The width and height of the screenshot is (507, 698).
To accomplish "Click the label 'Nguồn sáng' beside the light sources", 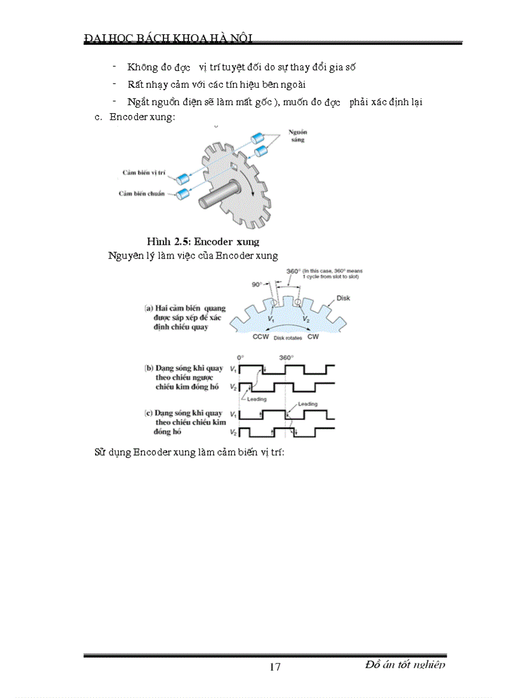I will coord(299,136).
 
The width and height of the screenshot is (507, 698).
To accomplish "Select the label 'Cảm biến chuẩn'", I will coord(142,193).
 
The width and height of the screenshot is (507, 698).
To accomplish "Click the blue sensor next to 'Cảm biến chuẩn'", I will coord(182,195).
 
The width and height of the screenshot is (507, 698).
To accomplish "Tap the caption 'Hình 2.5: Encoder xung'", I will coord(203,241).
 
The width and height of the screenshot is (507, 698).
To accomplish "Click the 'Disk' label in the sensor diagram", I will coord(343,298).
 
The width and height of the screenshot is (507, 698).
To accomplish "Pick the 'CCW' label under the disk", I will coord(260,337).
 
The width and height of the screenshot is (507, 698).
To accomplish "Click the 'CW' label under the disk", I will coord(313,337).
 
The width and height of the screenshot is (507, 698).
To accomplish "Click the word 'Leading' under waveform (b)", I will coord(257,399).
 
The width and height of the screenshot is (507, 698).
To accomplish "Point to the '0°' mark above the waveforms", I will coord(241,357).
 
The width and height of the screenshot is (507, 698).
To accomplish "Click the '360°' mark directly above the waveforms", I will coord(285,357).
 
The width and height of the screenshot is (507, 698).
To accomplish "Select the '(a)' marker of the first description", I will coord(149,308).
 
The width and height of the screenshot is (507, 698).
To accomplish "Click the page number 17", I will coord(275,667).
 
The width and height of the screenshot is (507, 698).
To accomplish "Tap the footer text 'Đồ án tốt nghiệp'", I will coord(405,664).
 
